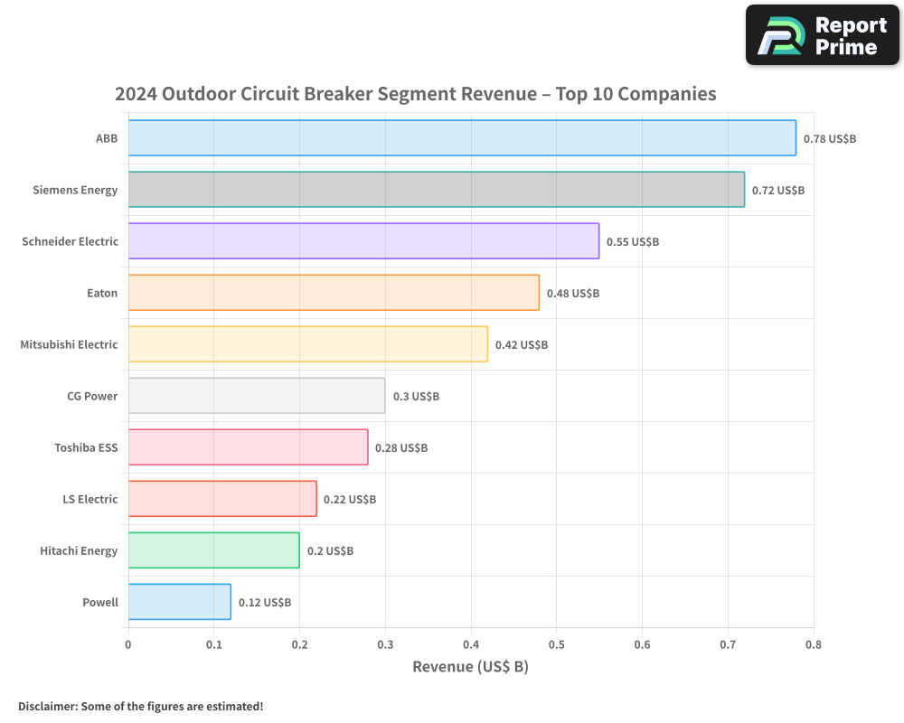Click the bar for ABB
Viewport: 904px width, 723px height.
coord(462,138)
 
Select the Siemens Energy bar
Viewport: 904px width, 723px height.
coord(436,190)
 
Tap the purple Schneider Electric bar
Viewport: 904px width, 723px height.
coord(363,241)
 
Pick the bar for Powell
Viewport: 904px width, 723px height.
coord(179,602)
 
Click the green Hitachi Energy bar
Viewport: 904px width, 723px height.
coord(213,550)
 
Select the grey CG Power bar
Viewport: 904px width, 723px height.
coord(257,396)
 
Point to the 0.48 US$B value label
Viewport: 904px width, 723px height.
coord(572,294)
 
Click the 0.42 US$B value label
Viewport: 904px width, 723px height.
coord(521,345)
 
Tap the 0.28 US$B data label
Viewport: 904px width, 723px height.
coord(400,448)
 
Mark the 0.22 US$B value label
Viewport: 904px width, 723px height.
coord(349,500)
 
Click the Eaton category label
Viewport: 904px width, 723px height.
coord(102,293)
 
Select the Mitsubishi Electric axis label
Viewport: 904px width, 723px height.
coord(69,344)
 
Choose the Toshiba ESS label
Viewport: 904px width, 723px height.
coord(86,447)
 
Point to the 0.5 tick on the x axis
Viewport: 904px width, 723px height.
coord(556,645)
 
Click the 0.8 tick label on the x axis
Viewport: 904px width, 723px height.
coord(813,645)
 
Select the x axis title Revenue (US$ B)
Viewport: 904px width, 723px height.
coord(470,667)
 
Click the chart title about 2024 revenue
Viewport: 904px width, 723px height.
coord(416,94)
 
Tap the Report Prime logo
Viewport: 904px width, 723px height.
coord(822,35)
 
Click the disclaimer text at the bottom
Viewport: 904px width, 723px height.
coord(140,706)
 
